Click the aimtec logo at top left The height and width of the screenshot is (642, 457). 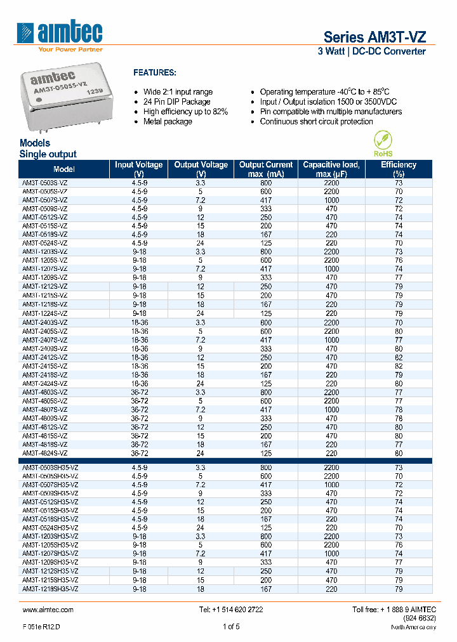coord(61,33)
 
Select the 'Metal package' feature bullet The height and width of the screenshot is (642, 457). coord(167,122)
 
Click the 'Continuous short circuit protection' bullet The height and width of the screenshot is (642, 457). coord(316,122)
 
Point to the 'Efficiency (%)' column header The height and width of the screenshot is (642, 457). coord(399,169)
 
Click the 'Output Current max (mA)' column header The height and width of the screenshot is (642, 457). coord(266,169)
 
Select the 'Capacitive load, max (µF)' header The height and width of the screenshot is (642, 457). coord(331,169)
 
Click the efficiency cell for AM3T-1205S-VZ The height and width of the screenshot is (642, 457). coord(399,260)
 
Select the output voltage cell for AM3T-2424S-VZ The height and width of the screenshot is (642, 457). coord(201,384)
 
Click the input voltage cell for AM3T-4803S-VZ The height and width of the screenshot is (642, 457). coord(139,393)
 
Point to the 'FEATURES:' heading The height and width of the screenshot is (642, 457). coord(154,73)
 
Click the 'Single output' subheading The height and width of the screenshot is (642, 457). coord(48,154)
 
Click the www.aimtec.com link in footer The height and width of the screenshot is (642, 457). coord(48,610)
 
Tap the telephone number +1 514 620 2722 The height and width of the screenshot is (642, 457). coord(231,610)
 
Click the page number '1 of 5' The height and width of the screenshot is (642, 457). coord(231,627)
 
